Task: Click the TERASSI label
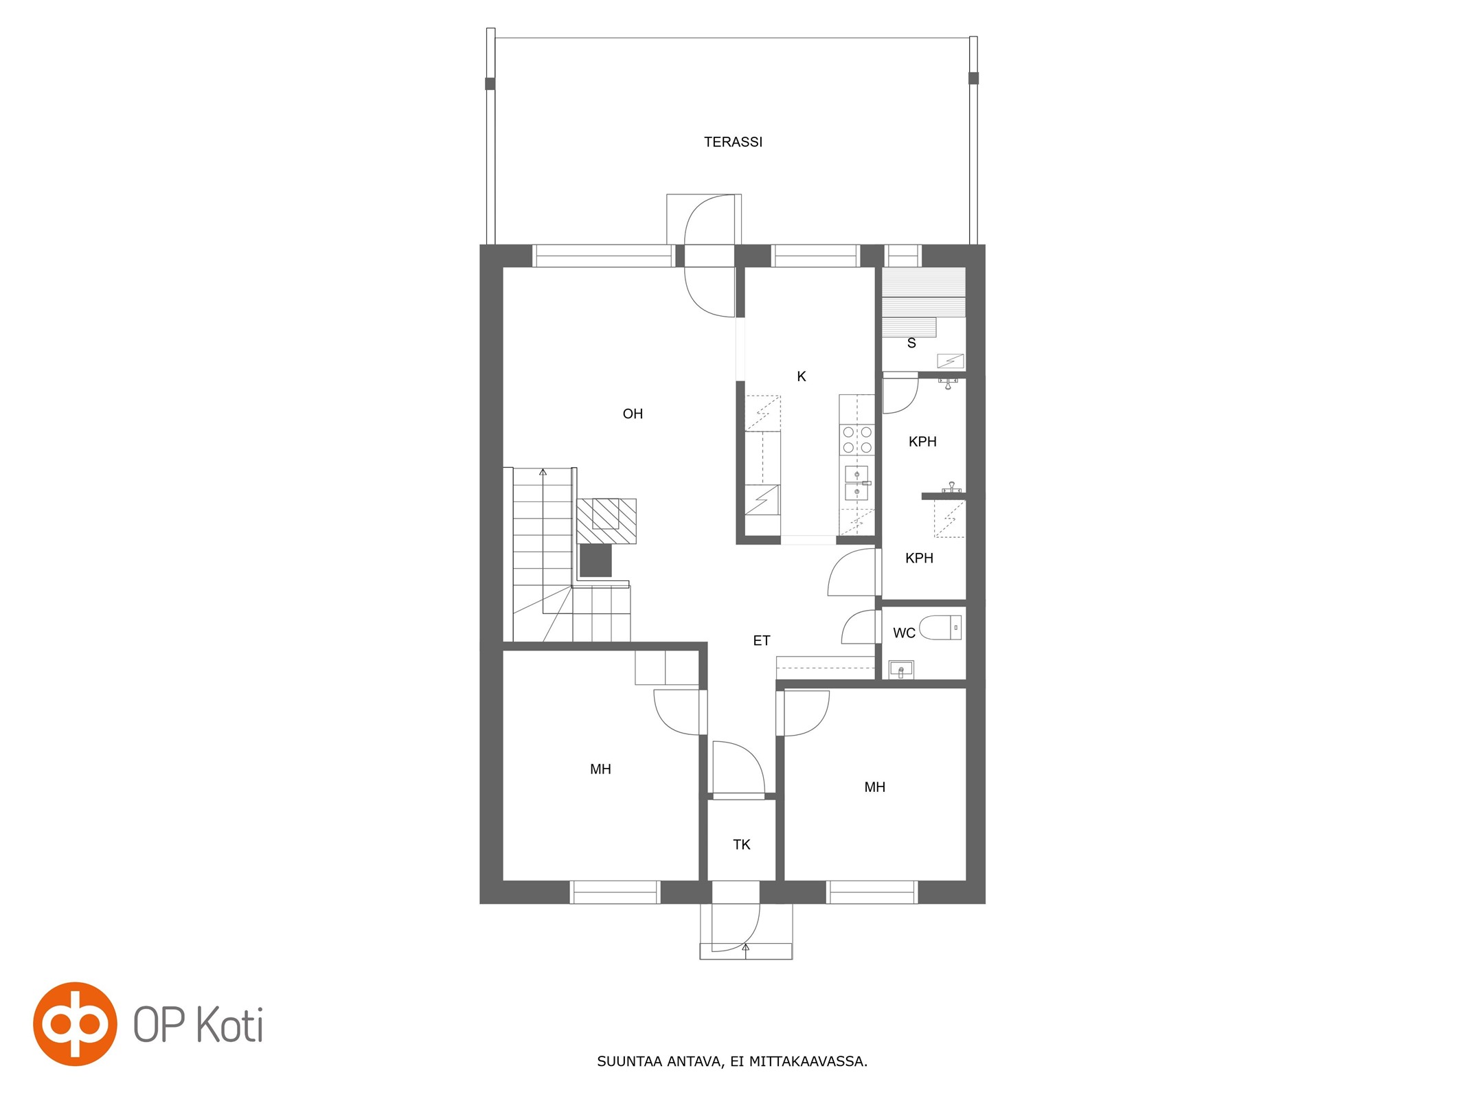[x=733, y=142]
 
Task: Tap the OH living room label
[x=633, y=413]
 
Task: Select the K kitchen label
[x=801, y=376]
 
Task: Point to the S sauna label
[x=911, y=343]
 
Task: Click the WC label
[x=904, y=633]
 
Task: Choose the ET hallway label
[x=762, y=641]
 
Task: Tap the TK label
[x=742, y=845]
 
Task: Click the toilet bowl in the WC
[x=940, y=628]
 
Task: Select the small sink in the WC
[x=901, y=669]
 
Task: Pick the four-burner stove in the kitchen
[x=857, y=440]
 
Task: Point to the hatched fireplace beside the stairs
[x=606, y=521]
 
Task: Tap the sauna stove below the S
[x=951, y=361]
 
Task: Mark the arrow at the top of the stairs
[x=543, y=472]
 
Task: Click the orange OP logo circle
[x=75, y=1024]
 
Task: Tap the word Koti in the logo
[x=230, y=1025]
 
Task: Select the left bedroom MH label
[x=600, y=769]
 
